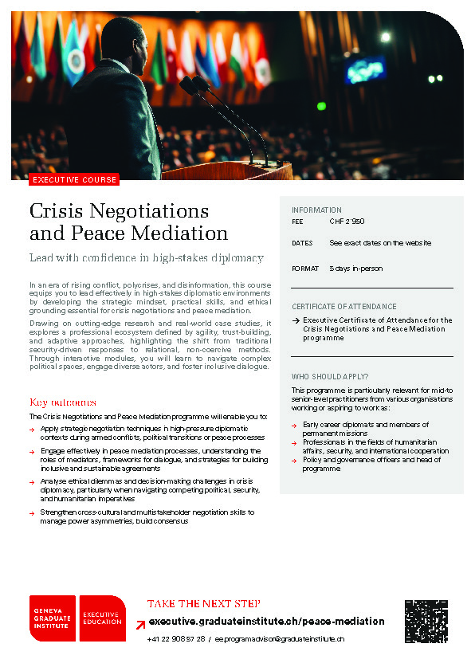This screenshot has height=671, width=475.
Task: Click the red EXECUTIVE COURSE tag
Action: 74,180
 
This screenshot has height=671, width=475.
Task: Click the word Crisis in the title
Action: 59,211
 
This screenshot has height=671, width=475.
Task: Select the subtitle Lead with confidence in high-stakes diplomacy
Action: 146,258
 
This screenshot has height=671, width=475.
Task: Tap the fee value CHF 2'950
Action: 347,223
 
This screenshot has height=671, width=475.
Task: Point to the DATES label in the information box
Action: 302,242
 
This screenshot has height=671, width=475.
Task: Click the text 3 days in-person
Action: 355,269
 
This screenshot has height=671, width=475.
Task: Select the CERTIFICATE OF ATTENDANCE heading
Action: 343,306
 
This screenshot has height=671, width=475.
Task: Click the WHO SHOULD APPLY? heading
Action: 330,375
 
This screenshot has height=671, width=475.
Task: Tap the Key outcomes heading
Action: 63,402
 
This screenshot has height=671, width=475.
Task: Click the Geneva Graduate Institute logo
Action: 53,618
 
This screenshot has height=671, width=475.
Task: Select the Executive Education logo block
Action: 102,618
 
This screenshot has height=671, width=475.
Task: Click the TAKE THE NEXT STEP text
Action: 204,603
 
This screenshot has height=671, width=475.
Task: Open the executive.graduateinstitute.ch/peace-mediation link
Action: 266,622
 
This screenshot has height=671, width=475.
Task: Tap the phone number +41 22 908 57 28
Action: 176,639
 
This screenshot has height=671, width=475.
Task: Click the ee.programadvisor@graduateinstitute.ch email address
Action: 279,639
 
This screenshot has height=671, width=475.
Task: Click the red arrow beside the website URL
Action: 140,622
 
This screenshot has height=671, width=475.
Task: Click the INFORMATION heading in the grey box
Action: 316,210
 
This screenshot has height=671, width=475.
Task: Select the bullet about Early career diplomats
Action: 365,429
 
